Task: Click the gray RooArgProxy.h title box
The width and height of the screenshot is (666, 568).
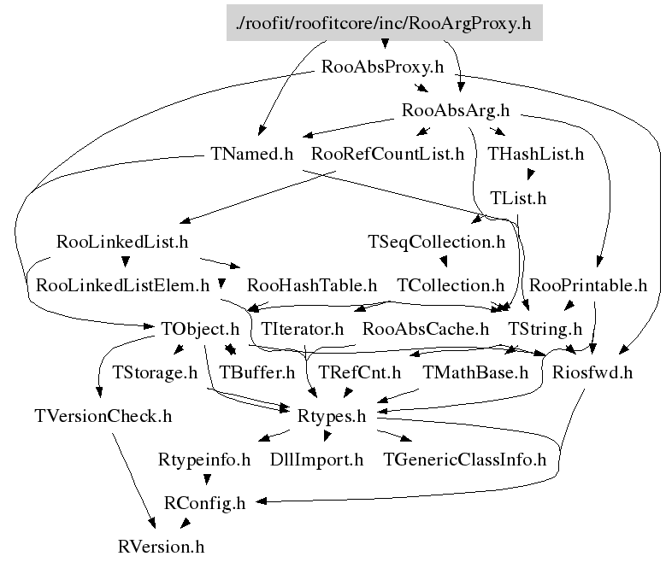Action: click(x=385, y=23)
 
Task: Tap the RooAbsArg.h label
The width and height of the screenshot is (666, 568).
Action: click(x=456, y=110)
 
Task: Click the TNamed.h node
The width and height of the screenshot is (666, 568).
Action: click(x=251, y=155)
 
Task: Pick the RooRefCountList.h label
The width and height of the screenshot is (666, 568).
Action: click(x=387, y=155)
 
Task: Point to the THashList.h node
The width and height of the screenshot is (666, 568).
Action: click(x=535, y=155)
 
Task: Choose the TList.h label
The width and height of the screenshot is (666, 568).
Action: click(x=518, y=198)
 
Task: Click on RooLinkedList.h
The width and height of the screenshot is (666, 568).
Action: click(x=121, y=242)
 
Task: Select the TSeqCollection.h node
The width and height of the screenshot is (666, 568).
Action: click(x=437, y=242)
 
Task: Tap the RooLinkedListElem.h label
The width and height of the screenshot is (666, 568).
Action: click(x=123, y=284)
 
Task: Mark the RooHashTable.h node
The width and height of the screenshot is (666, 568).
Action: click(x=311, y=284)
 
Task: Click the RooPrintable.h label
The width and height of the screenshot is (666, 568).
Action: click(x=588, y=284)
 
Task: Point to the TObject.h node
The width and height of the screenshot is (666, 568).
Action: click(x=199, y=328)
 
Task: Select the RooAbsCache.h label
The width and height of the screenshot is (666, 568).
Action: click(x=426, y=328)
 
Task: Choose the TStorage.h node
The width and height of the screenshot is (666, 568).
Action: click(x=155, y=372)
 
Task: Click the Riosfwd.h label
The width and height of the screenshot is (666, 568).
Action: click(x=592, y=372)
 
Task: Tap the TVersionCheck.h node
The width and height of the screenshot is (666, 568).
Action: click(x=103, y=417)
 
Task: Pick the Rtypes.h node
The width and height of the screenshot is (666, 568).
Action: click(x=331, y=417)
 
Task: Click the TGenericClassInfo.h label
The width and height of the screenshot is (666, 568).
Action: click(x=465, y=460)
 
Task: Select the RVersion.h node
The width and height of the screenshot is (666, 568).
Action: click(x=162, y=546)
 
